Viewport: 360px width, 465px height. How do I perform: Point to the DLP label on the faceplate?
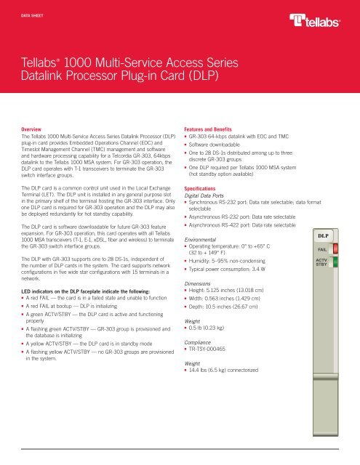click(x=324, y=235)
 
